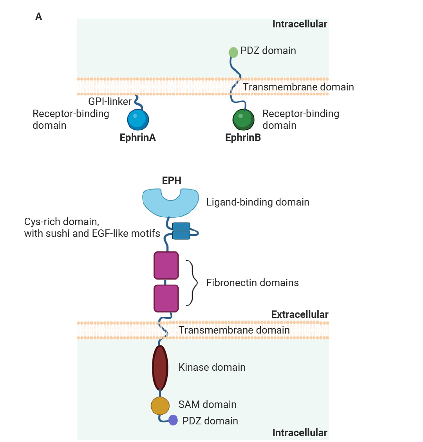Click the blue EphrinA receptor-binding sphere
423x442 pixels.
click(x=138, y=119)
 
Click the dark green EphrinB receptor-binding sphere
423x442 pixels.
click(x=243, y=119)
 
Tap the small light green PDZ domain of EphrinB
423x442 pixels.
click(x=233, y=52)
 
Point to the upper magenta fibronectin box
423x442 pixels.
click(x=166, y=265)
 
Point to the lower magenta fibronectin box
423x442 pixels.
click(x=166, y=298)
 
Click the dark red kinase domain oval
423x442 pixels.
click(x=160, y=368)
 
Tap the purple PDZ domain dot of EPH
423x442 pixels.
click(x=173, y=420)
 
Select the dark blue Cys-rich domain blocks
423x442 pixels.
click(x=181, y=231)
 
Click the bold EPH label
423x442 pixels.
click(x=172, y=180)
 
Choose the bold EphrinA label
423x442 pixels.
click(x=137, y=137)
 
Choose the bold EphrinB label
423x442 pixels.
click(x=243, y=137)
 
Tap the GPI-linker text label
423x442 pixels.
click(x=110, y=101)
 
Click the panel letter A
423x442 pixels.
click(x=38, y=16)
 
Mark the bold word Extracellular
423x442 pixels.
click(x=300, y=314)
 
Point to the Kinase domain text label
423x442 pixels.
click(x=212, y=367)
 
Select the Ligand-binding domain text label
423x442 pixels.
click(x=258, y=202)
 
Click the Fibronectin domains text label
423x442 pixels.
click(x=252, y=283)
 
